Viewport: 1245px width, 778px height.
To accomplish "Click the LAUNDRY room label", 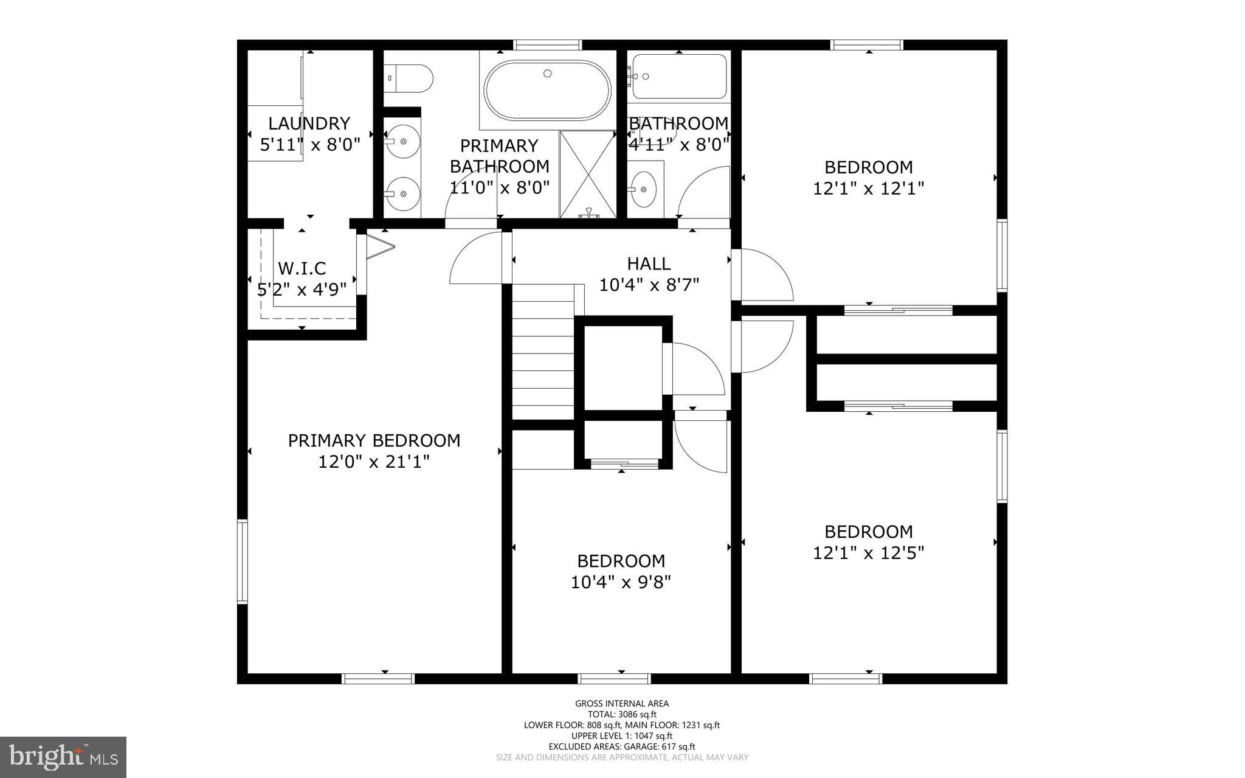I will click(x=309, y=123).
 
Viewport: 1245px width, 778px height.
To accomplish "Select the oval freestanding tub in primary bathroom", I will click(x=547, y=91).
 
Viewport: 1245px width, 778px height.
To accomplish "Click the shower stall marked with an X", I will click(x=587, y=173).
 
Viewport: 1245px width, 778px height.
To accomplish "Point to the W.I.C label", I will click(x=302, y=268).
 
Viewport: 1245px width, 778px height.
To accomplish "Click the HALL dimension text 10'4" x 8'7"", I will click(x=649, y=285).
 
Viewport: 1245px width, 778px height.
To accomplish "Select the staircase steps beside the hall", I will click(x=543, y=359).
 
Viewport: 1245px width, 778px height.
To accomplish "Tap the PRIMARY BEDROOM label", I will click(x=374, y=440).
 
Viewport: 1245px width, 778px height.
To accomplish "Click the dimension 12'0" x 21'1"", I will click(x=374, y=462).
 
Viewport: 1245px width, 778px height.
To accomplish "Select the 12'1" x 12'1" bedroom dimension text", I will click(x=868, y=189).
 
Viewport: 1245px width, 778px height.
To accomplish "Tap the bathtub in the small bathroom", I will click(x=679, y=77).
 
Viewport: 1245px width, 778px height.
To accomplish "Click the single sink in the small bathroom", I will click(x=643, y=189).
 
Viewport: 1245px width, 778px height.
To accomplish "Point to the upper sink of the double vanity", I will click(x=402, y=141).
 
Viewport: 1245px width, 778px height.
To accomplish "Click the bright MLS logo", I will click(x=63, y=757).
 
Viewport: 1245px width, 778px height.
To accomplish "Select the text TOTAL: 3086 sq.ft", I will click(x=621, y=715).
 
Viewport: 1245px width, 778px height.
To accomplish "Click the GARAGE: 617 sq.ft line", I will click(x=621, y=746).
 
